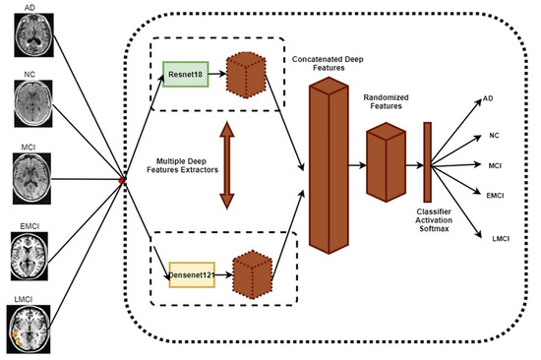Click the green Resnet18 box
click(x=187, y=72)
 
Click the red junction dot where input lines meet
click(x=121, y=180)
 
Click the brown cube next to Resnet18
click(x=246, y=72)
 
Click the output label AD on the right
click(x=489, y=98)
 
